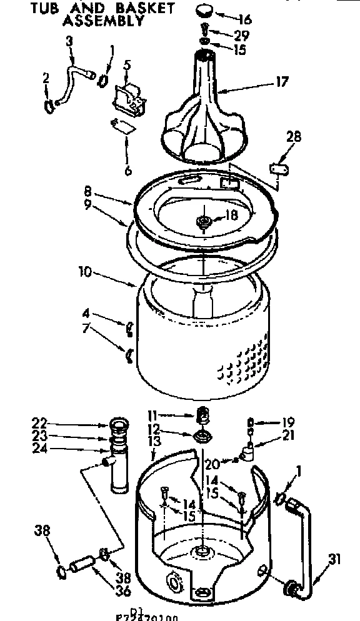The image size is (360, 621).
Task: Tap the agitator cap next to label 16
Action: tap(204, 11)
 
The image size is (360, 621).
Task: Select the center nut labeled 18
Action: tap(204, 222)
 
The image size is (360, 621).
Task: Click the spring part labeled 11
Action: tap(201, 415)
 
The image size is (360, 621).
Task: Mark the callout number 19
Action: tap(271, 422)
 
